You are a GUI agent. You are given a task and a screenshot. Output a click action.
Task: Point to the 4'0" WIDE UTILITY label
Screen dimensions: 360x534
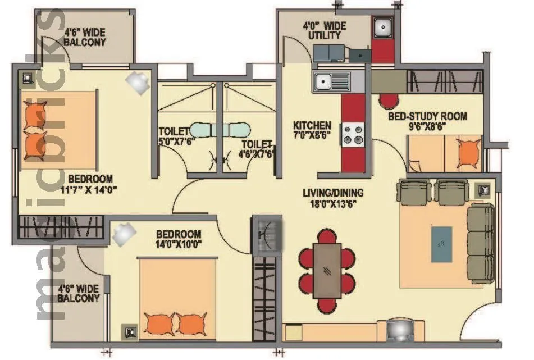(x=325, y=31)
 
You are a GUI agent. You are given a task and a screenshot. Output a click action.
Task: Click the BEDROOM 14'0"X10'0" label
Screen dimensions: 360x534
(x=179, y=239)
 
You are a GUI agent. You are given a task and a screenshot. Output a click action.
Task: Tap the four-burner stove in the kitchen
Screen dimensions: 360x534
(x=354, y=134)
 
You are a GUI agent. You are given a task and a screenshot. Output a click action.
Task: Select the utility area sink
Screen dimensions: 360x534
(x=383, y=28)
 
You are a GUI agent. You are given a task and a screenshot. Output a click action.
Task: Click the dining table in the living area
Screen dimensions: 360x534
(x=327, y=270)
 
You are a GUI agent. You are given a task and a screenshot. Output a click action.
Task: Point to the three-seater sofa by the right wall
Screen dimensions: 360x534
(x=480, y=239)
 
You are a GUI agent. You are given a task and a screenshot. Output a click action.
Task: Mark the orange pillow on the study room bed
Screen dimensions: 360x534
(x=467, y=152)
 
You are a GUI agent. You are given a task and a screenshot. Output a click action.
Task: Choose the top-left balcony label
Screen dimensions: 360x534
(x=84, y=37)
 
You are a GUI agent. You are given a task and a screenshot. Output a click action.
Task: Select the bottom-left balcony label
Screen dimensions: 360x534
(x=78, y=294)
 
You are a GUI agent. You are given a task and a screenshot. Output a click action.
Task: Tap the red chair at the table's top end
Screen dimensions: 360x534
(x=327, y=236)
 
